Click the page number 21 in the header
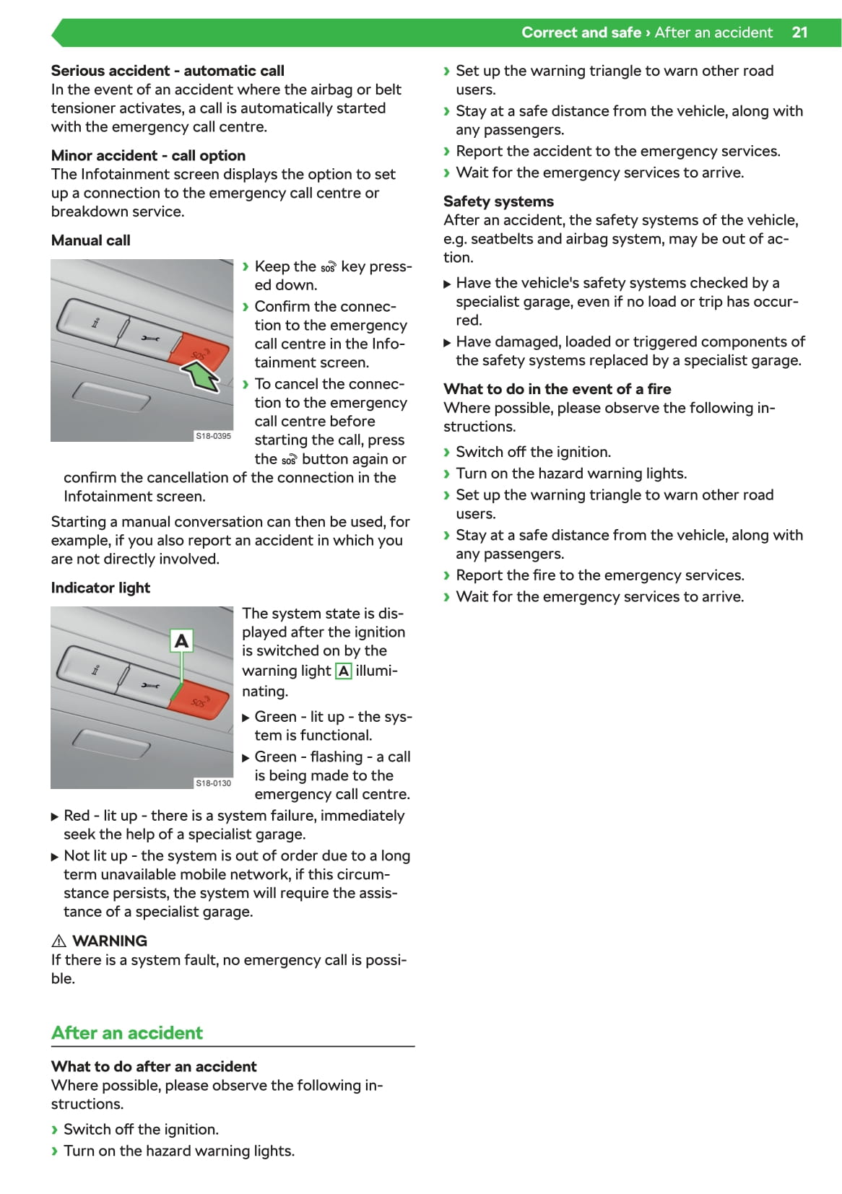[799, 32]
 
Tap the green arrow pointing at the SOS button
[201, 377]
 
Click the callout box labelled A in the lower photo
[182, 640]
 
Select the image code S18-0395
[214, 436]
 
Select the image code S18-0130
[214, 783]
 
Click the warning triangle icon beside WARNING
[59, 941]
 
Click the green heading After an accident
[127, 1033]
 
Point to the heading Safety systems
[498, 201]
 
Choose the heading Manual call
[91, 240]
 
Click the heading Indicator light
[100, 588]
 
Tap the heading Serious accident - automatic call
[168, 71]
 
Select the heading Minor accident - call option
[148, 156]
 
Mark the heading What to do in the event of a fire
[557, 389]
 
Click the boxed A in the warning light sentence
[344, 671]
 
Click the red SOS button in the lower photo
[199, 701]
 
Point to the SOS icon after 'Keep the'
[329, 268]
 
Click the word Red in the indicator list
[77, 816]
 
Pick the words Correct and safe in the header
[581, 32]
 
